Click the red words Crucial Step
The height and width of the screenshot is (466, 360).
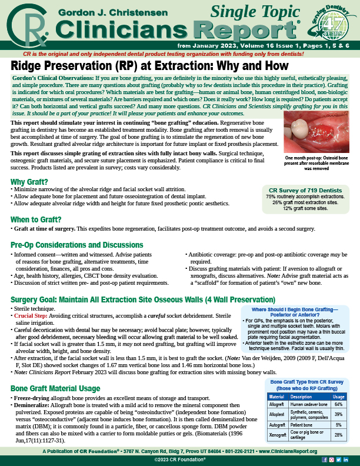point(33,316)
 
